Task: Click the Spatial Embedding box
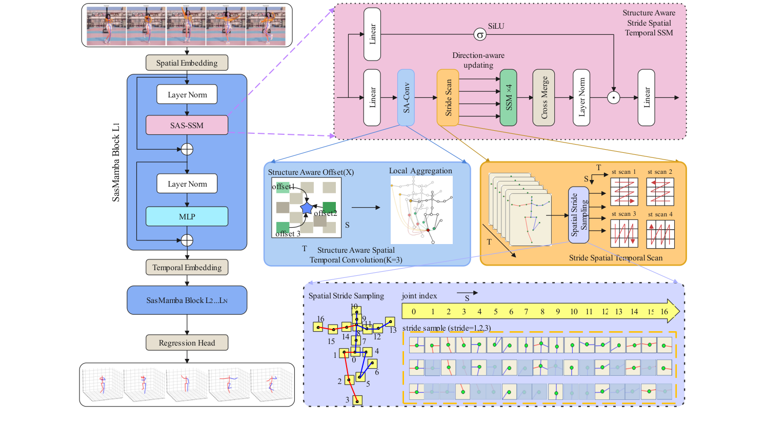tap(187, 63)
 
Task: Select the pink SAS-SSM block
tap(187, 125)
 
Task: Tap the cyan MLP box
tap(187, 216)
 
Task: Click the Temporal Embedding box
tap(187, 267)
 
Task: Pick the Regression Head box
tap(187, 342)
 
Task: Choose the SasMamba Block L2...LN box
tap(187, 300)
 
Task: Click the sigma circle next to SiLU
tap(480, 35)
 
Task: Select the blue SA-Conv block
tap(406, 97)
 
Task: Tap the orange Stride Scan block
tap(448, 97)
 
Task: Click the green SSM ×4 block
tap(508, 97)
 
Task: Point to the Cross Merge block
tap(544, 97)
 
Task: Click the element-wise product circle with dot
tap(614, 97)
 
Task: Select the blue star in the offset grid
tap(307, 208)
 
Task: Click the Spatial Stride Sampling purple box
tap(578, 215)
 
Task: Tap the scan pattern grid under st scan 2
tap(660, 192)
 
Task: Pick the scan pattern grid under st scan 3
tap(624, 234)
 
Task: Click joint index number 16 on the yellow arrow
tap(664, 311)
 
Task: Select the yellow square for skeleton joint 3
tap(357, 400)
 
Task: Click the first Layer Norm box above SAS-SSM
tap(187, 94)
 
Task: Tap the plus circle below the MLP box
tap(187, 240)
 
